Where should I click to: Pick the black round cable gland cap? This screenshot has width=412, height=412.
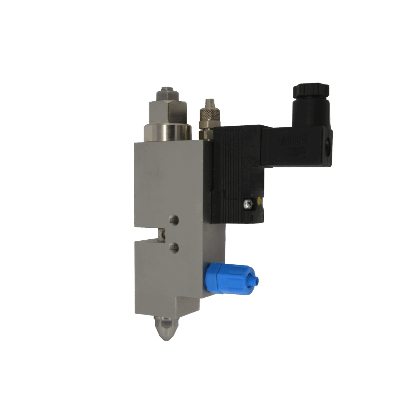pos(311,90)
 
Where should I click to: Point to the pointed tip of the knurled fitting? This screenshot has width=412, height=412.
pos(208,101)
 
